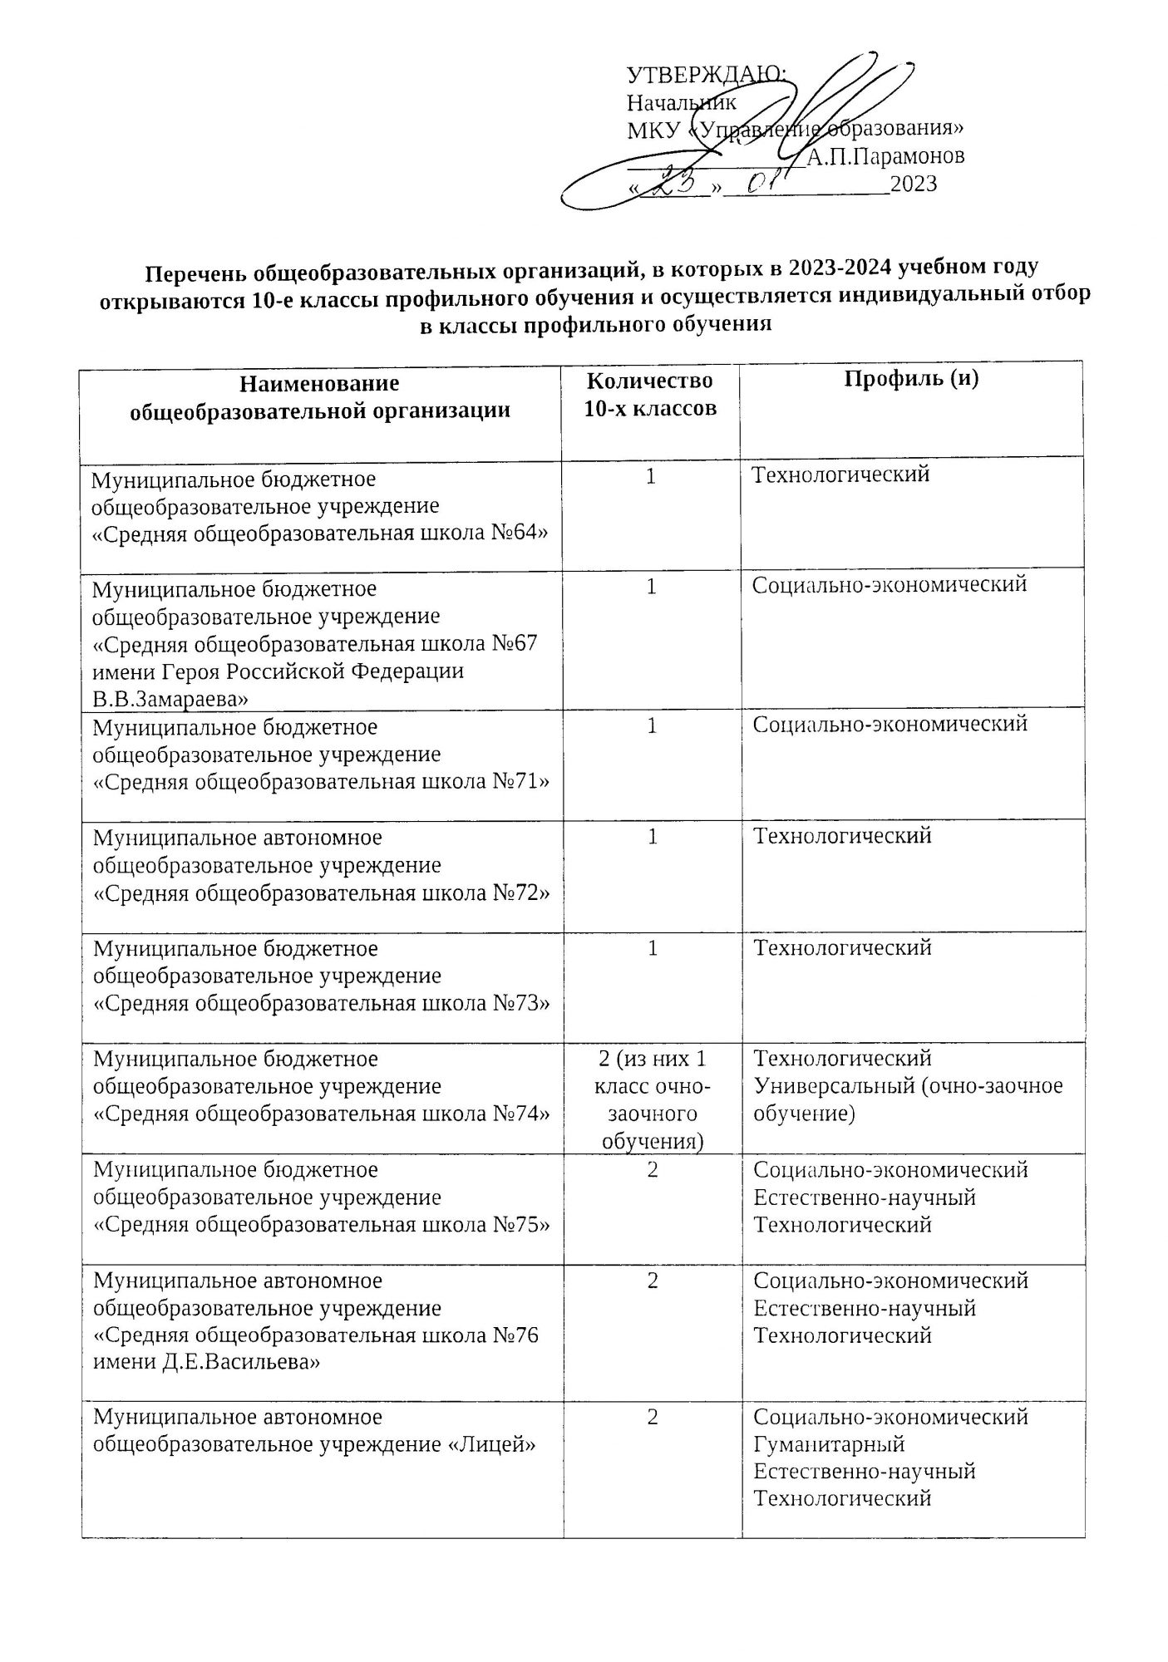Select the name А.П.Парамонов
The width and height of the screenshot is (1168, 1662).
(x=885, y=156)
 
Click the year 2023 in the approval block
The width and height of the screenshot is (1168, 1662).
(x=913, y=184)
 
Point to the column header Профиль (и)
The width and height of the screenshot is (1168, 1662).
(x=911, y=379)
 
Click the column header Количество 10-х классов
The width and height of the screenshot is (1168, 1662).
(x=649, y=394)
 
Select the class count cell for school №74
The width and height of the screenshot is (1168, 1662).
(x=653, y=1099)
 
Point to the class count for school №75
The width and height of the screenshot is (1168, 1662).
(x=653, y=1169)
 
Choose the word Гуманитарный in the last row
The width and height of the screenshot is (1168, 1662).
(x=829, y=1444)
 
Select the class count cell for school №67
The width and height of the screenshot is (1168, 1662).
(x=653, y=587)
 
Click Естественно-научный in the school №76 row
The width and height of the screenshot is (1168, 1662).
(x=864, y=1308)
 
